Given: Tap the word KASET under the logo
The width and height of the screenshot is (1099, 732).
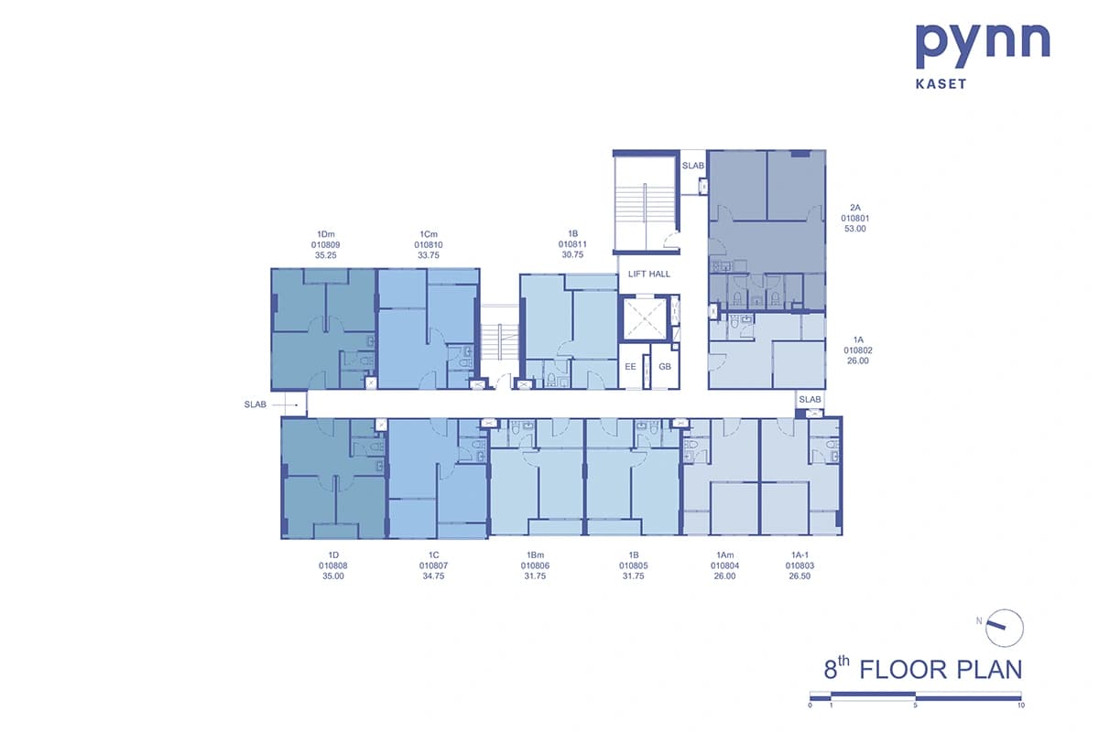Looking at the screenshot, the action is pos(941,84).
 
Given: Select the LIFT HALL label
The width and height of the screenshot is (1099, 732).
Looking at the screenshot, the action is pos(648,274).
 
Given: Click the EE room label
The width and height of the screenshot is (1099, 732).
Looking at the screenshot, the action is pos(630,367).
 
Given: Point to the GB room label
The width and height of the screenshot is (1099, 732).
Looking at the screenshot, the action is pos(665,367).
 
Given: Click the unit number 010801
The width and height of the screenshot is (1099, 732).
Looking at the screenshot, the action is pos(855,218).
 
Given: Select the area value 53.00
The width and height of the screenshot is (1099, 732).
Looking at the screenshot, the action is pos(855,229).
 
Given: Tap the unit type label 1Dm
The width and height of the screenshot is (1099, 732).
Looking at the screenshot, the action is pos(326,234).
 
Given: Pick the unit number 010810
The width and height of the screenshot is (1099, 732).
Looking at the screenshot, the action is pos(429,244).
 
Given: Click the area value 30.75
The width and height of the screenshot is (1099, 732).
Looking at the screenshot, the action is pos(572,254).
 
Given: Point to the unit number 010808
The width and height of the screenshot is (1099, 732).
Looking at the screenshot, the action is pos(333,565).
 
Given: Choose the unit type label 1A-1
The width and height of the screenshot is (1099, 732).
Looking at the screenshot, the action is pos(800,555).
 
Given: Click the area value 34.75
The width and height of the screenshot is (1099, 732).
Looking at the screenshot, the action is pos(433,576).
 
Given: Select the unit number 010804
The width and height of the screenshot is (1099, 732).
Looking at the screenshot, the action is pos(724,565).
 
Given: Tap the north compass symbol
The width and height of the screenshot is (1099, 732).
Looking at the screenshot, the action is pos(1004,628).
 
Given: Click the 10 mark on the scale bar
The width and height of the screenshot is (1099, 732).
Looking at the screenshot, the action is pos(1020,705).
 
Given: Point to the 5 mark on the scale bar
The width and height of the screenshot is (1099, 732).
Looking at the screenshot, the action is pos(915,705).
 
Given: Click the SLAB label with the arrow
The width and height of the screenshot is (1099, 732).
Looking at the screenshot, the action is pos(256,404).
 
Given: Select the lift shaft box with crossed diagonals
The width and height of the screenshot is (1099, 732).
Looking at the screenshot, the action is pos(645,318).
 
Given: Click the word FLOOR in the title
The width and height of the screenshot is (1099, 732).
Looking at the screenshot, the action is pos(903,670).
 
